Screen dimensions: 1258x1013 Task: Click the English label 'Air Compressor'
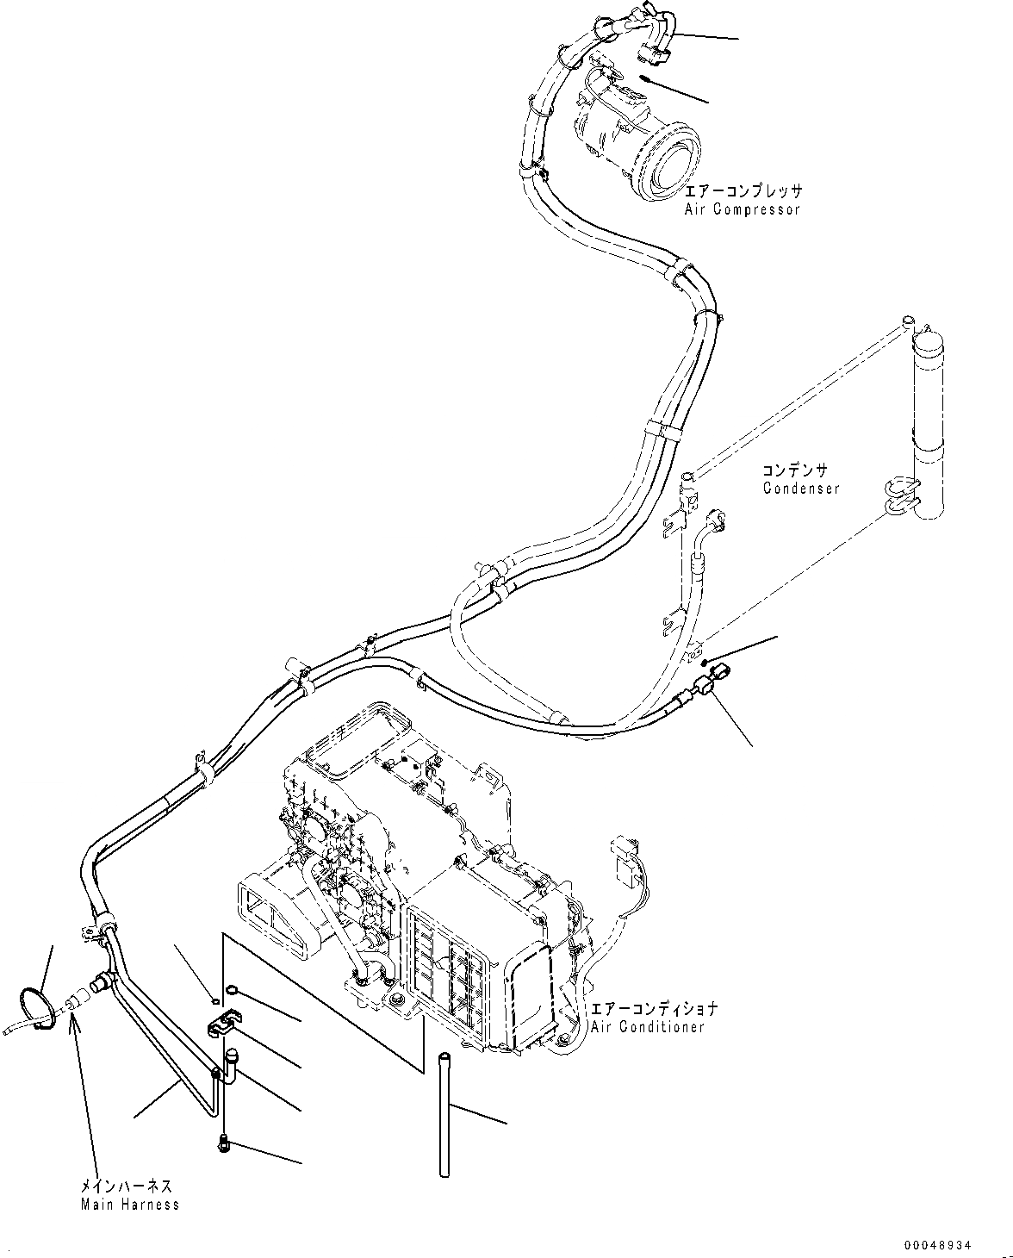point(743,209)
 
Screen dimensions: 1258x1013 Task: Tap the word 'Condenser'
point(800,489)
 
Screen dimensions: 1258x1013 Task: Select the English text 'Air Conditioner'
point(647,1026)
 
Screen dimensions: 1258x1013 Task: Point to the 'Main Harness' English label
point(130,1204)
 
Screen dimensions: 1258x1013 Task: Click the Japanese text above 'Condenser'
point(794,470)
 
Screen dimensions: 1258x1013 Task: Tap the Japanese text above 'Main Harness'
point(126,1186)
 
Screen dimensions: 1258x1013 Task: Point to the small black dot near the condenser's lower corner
point(705,662)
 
